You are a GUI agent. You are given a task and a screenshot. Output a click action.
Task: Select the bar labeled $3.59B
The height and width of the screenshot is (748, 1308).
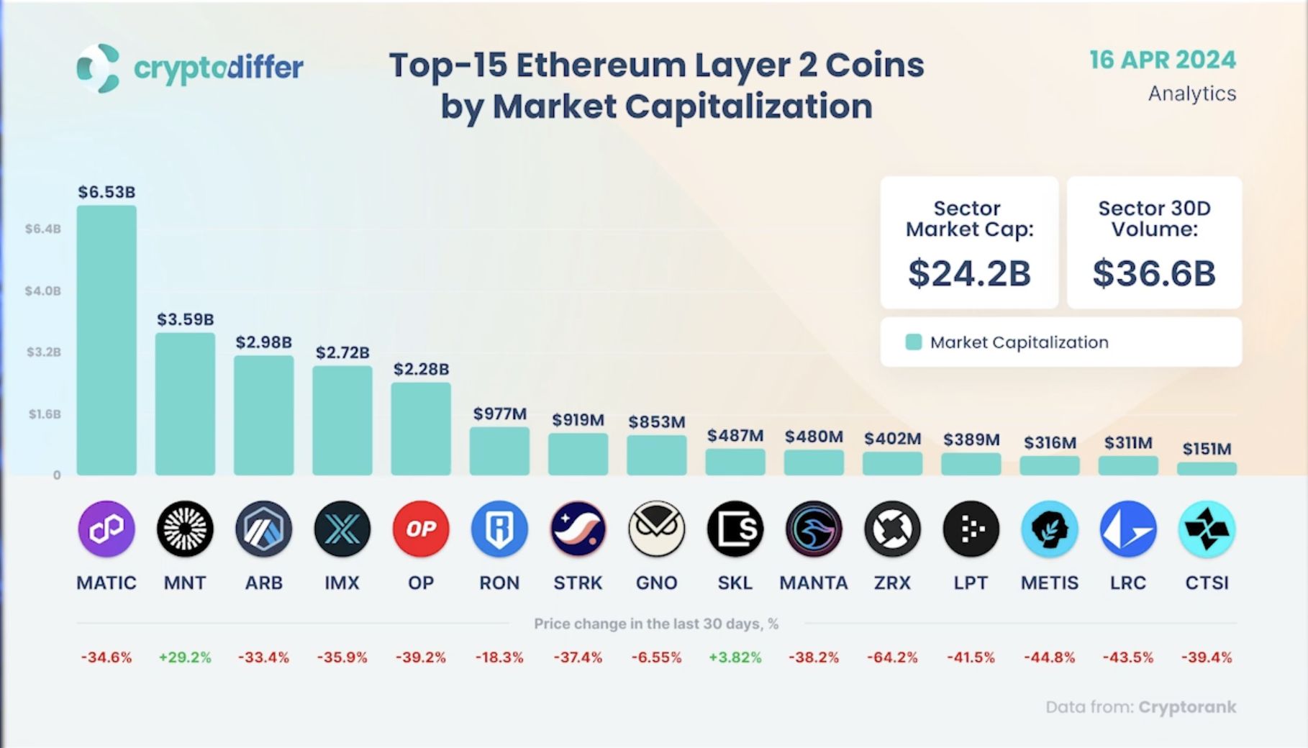pyautogui.click(x=185, y=403)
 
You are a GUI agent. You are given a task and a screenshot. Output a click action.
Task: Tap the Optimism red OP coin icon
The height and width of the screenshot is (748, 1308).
pyautogui.click(x=421, y=529)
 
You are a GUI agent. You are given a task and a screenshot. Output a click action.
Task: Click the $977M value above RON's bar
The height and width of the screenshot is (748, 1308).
pyautogui.click(x=499, y=414)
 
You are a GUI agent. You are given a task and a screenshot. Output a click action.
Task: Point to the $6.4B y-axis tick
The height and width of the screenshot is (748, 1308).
pyautogui.click(x=43, y=229)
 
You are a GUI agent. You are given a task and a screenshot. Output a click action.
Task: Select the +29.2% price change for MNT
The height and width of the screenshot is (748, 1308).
pyautogui.click(x=185, y=657)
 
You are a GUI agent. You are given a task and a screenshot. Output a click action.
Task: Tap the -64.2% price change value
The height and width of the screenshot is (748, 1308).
pyautogui.click(x=892, y=657)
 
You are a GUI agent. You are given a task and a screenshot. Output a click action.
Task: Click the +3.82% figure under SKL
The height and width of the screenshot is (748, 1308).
pyautogui.click(x=735, y=657)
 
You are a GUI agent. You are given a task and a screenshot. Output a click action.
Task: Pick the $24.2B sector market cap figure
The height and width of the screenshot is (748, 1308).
pyautogui.click(x=969, y=273)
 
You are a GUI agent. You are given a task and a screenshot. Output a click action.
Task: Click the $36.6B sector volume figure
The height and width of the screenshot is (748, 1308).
pyautogui.click(x=1154, y=273)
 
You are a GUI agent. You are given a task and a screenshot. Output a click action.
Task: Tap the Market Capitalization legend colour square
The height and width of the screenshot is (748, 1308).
pyautogui.click(x=913, y=342)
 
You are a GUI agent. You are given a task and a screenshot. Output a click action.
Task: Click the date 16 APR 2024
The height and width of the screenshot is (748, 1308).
pyautogui.click(x=1162, y=60)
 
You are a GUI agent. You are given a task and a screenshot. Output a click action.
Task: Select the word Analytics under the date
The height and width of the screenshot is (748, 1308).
pyautogui.click(x=1191, y=93)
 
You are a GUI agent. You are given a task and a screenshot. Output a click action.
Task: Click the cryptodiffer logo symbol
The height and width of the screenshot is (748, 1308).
pyautogui.click(x=98, y=68)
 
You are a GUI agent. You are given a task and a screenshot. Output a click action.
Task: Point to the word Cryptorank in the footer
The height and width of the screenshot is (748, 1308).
pyautogui.click(x=1187, y=707)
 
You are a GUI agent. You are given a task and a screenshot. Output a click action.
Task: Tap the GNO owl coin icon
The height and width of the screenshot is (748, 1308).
pyautogui.click(x=656, y=529)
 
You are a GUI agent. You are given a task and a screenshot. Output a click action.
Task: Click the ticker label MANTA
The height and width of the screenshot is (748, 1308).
pyautogui.click(x=813, y=583)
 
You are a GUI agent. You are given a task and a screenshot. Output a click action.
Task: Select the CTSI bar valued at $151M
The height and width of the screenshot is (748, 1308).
pyautogui.click(x=1207, y=469)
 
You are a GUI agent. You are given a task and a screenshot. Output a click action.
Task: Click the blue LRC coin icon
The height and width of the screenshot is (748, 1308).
pyautogui.click(x=1127, y=529)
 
